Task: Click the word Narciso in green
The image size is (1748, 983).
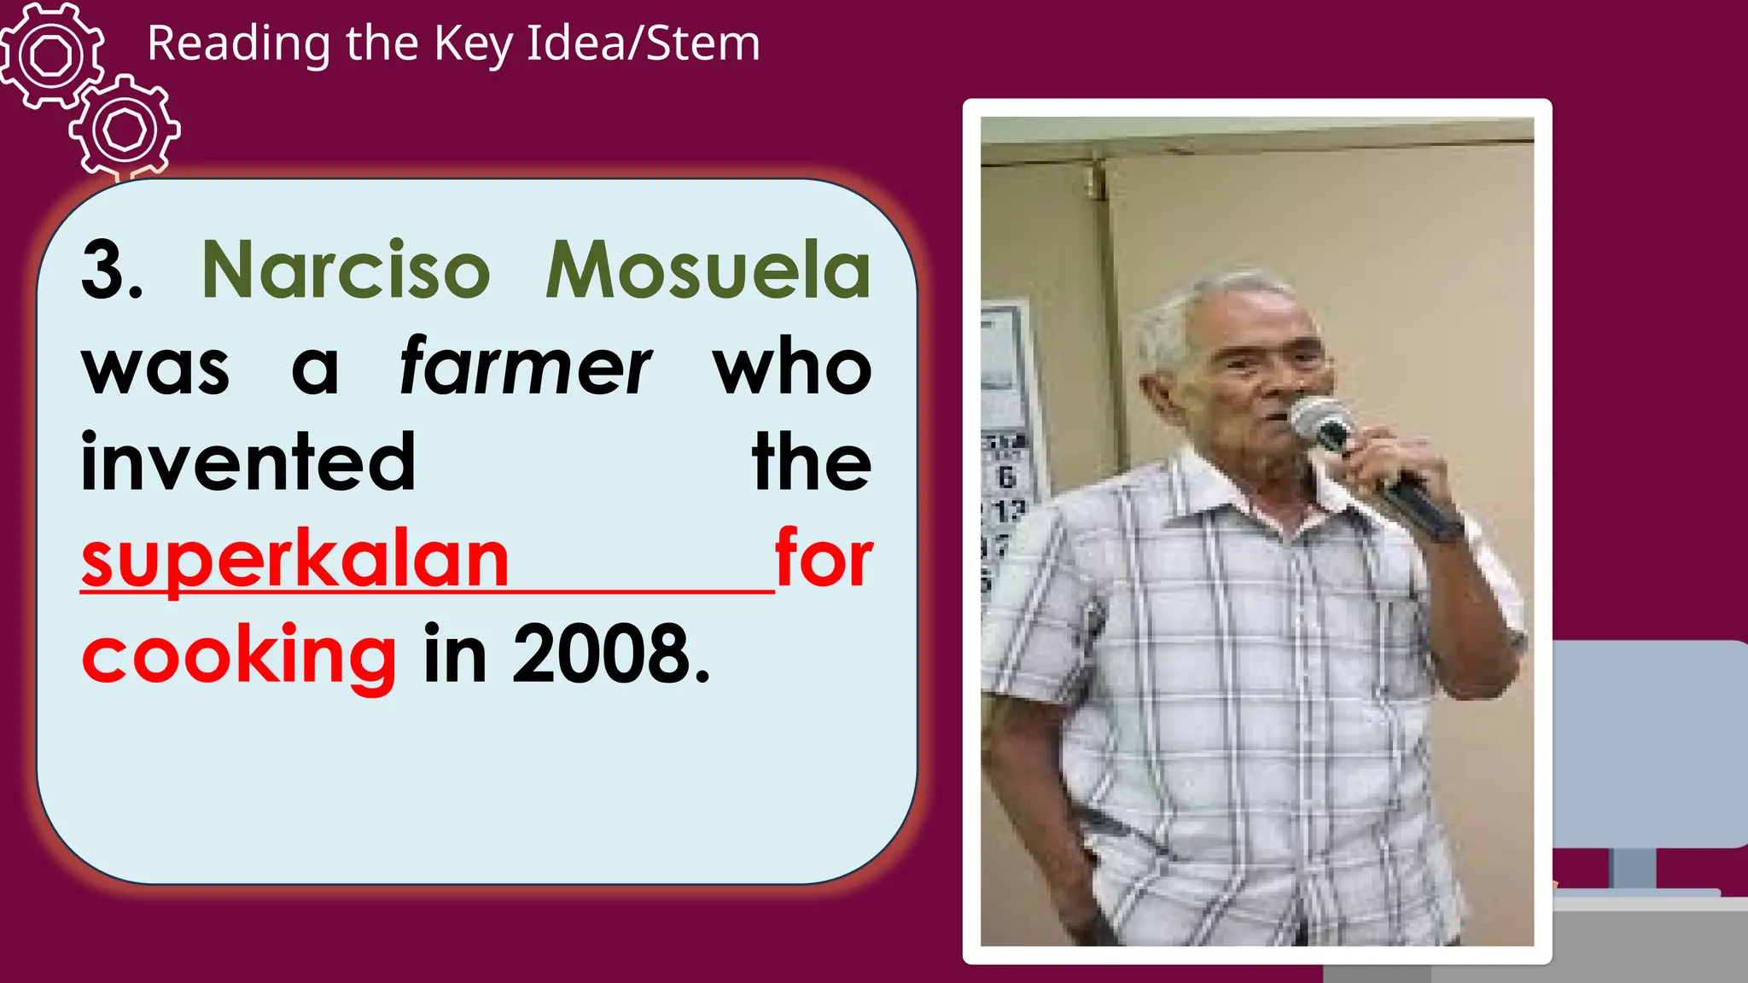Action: tap(346, 271)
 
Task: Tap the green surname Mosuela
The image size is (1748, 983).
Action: tap(708, 271)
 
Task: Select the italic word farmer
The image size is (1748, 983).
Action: tap(525, 368)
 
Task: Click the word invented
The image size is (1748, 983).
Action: tap(248, 462)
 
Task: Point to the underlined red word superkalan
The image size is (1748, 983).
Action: tap(295, 560)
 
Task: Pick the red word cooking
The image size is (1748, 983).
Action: tap(239, 655)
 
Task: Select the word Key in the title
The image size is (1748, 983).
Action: tap(473, 44)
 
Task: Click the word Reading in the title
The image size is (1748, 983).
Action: tap(238, 44)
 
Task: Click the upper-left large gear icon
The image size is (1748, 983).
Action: tap(51, 55)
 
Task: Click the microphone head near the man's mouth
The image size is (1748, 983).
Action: tap(1320, 421)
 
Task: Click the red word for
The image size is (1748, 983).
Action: tap(824, 560)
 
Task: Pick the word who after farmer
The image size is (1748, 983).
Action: tap(792, 368)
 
